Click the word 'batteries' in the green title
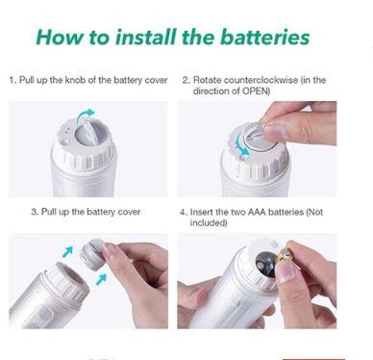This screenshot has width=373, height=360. (x=264, y=37)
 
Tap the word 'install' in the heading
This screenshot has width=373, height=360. (x=146, y=37)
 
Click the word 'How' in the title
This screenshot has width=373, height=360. (x=60, y=37)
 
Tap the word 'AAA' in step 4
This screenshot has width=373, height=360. (x=257, y=212)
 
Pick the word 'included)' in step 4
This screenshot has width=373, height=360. (x=209, y=222)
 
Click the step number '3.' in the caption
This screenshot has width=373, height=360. (x=35, y=212)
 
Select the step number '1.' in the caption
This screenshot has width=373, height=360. (x=12, y=80)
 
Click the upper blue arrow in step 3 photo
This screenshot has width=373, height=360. (x=68, y=251)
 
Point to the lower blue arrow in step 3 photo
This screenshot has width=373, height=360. (x=101, y=279)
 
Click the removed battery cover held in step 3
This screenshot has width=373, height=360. (x=93, y=254)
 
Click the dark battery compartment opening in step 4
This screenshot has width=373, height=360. (x=266, y=265)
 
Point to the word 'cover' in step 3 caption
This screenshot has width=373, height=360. (x=129, y=212)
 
